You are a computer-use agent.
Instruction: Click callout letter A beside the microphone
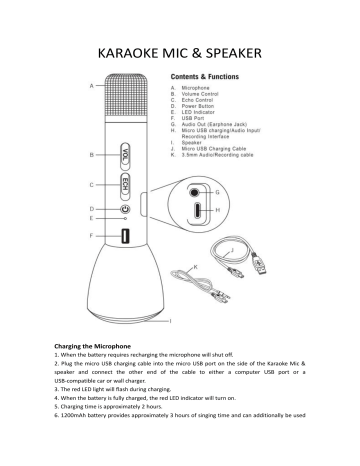[91, 86]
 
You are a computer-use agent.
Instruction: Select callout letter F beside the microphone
[91, 235]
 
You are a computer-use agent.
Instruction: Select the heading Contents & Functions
[204, 75]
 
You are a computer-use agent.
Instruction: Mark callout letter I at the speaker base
[169, 321]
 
